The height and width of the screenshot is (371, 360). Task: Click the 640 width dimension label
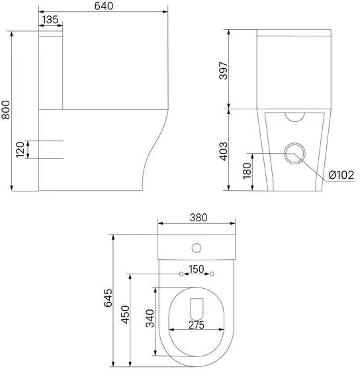click(103, 6)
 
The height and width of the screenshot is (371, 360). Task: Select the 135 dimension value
click(50, 20)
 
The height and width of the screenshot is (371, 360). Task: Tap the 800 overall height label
click(5, 110)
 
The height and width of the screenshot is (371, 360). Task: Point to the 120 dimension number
click(20, 150)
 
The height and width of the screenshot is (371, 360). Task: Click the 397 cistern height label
click(223, 70)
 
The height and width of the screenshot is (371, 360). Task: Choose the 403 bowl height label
click(224, 152)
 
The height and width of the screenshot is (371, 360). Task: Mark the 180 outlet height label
click(247, 171)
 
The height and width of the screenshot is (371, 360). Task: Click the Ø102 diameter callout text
click(341, 175)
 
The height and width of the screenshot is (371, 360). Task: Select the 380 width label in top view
click(199, 217)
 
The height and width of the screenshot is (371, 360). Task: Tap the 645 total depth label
click(108, 297)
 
